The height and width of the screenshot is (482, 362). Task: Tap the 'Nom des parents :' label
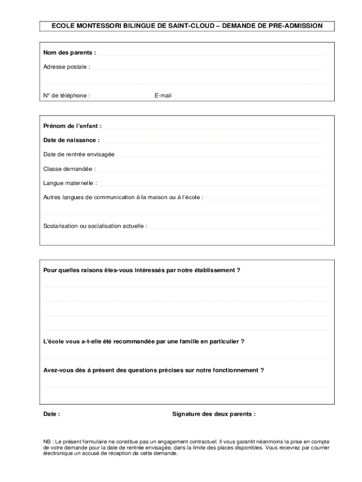point(70,53)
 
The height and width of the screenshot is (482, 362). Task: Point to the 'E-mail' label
point(163,96)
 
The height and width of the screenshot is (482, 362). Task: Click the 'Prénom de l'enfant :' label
point(72,126)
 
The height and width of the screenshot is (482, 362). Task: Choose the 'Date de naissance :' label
point(71,140)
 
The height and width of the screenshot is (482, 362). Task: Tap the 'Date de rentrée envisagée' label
point(79,154)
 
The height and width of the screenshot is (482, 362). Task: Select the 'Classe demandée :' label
point(70,169)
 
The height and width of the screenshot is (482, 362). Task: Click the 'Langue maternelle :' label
point(70,183)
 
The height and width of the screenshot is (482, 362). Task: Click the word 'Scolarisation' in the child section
point(60,226)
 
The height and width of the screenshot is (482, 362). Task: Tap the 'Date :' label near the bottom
point(52,414)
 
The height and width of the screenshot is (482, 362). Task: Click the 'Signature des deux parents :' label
point(214,414)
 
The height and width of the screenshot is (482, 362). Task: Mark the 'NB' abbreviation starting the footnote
point(47,442)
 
